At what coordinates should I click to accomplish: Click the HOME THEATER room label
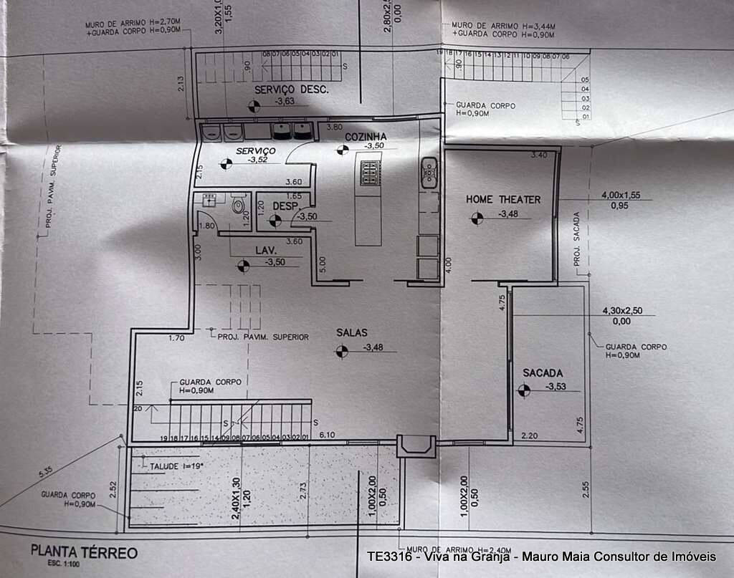pos(503,199)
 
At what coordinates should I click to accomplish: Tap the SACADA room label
pos(543,373)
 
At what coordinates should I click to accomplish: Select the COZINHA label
pos(366,137)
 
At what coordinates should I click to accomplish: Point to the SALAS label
pos(352,332)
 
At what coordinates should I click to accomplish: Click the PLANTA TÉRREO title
pos(84,553)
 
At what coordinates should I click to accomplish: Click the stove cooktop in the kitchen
pos(370,174)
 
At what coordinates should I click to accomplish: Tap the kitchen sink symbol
pos(429,172)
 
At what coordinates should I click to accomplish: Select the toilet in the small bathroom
pos(238,206)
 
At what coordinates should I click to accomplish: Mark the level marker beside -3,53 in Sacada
pos(525,390)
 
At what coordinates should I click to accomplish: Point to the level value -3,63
pos(285,102)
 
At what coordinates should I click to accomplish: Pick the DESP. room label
pos(285,206)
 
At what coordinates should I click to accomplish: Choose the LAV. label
pos(267,250)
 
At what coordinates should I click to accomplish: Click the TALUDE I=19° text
pos(177,466)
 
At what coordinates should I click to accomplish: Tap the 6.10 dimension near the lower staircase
pos(327,434)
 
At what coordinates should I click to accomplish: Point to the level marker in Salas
pos(343,351)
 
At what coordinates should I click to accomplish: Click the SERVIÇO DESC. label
pos(291,90)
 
